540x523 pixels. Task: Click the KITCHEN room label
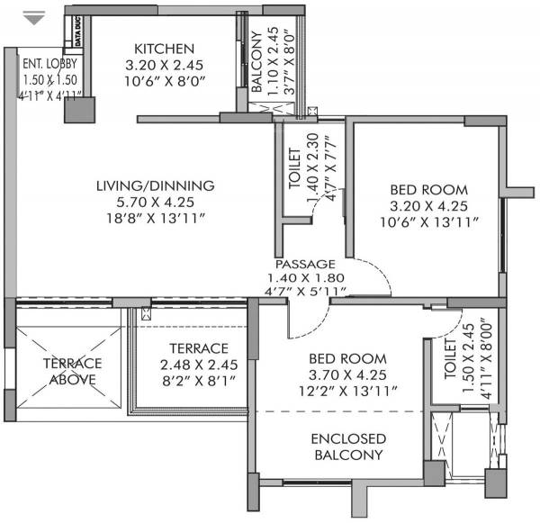(x=164, y=48)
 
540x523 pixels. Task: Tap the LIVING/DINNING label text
(x=157, y=186)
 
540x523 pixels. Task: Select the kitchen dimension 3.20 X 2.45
(x=164, y=65)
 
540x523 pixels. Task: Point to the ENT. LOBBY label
(x=49, y=64)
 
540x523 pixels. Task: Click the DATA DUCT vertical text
(x=79, y=34)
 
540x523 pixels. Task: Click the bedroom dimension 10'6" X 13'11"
(x=428, y=221)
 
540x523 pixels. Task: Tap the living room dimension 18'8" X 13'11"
(x=157, y=219)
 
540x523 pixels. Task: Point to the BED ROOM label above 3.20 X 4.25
(x=428, y=189)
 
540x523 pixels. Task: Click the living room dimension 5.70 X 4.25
(x=157, y=203)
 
